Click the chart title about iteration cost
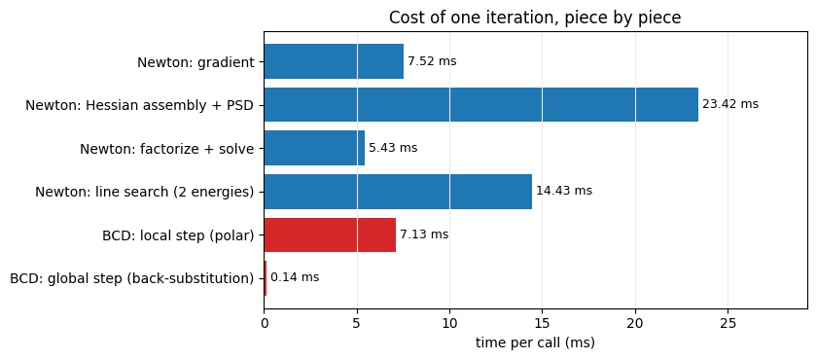(x=535, y=18)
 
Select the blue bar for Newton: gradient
(x=334, y=61)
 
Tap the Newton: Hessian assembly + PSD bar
(x=481, y=105)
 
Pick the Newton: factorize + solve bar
(x=315, y=148)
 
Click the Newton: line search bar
(x=398, y=192)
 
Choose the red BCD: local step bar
(x=331, y=234)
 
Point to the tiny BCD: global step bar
(x=266, y=278)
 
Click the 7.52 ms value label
(x=432, y=61)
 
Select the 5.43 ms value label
(x=393, y=148)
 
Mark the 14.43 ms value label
(x=564, y=191)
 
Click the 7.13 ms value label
(x=424, y=234)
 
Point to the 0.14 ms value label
(x=295, y=277)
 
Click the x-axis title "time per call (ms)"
(x=535, y=343)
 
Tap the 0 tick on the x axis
(x=265, y=324)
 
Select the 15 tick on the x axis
(x=543, y=324)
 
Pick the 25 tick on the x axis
(x=728, y=324)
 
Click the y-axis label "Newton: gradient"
(x=195, y=62)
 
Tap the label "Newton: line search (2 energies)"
(x=145, y=193)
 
